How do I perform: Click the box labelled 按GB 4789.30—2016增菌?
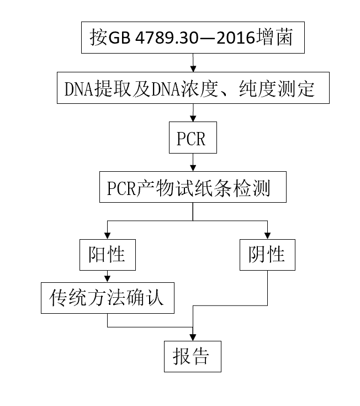pos(192,38)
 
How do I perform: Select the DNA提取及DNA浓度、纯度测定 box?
pos(192,88)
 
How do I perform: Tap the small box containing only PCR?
pos(192,139)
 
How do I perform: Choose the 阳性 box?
pos(107,255)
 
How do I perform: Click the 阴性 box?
pos(267,255)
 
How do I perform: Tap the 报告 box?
pos(192,357)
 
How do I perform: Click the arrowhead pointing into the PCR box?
pos(192,119)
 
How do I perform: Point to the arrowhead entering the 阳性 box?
pos(107,236)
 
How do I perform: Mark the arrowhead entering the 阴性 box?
pos(267,236)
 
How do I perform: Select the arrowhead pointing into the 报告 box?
pos(192,336)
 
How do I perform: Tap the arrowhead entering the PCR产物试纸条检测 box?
pos(192,169)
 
